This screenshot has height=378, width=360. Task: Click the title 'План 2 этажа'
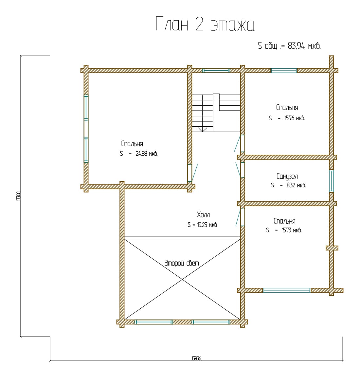(205, 24)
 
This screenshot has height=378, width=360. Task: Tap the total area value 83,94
(296, 45)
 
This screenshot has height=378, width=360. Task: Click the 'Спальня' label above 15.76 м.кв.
(287, 108)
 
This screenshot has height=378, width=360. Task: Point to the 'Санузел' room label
(287, 176)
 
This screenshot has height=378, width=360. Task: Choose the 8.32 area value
(291, 185)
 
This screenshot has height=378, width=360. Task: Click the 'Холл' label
(203, 215)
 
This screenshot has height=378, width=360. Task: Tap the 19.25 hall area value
(202, 225)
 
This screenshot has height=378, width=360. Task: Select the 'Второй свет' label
(182, 263)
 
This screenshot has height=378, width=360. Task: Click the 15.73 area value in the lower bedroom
(287, 230)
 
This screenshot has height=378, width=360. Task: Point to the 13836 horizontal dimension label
(196, 358)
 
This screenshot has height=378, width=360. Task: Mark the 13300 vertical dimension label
(19, 196)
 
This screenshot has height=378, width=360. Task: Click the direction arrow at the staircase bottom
(203, 129)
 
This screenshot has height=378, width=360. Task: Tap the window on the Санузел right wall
(332, 181)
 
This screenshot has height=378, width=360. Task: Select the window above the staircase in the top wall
(216, 71)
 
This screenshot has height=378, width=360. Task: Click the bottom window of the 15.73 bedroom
(286, 290)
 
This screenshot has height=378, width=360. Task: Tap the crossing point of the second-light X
(182, 279)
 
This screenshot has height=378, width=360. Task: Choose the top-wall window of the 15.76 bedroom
(284, 71)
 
